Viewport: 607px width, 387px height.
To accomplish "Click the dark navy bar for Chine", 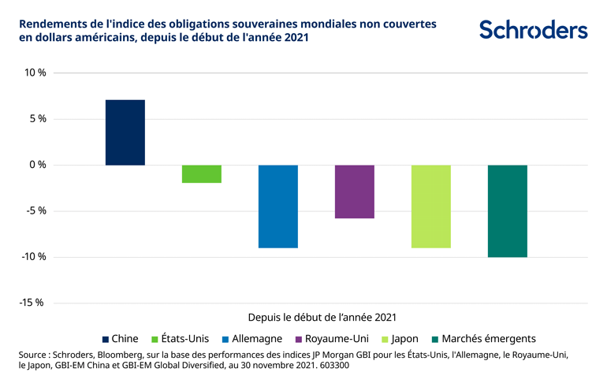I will pos(125,132).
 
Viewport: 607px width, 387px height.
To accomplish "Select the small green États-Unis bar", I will pos(202,173).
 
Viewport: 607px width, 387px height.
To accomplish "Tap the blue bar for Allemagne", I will pos(278,207).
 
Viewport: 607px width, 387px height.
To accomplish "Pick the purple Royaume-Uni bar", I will pos(355,192).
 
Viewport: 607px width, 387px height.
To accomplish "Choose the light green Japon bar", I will pos(431,207).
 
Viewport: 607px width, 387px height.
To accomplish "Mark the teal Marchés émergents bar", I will pos(508,211).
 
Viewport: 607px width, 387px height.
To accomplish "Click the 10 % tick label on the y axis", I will pos(35,73).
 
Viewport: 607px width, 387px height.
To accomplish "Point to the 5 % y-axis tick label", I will pos(38,119).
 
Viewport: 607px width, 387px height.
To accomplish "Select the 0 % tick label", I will pos(38,165).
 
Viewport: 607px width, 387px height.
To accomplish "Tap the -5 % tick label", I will pos(36,210).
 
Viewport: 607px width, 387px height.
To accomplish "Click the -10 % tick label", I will pos(34,257).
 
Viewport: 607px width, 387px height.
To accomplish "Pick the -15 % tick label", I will pos(34,303).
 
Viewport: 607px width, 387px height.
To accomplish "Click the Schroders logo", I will pos(534,30).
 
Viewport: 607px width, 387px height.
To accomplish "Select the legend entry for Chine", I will pos(120,338).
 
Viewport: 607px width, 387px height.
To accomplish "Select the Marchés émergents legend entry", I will pos(482,338).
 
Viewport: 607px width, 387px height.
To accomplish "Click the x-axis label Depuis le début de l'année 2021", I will pos(322,317).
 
